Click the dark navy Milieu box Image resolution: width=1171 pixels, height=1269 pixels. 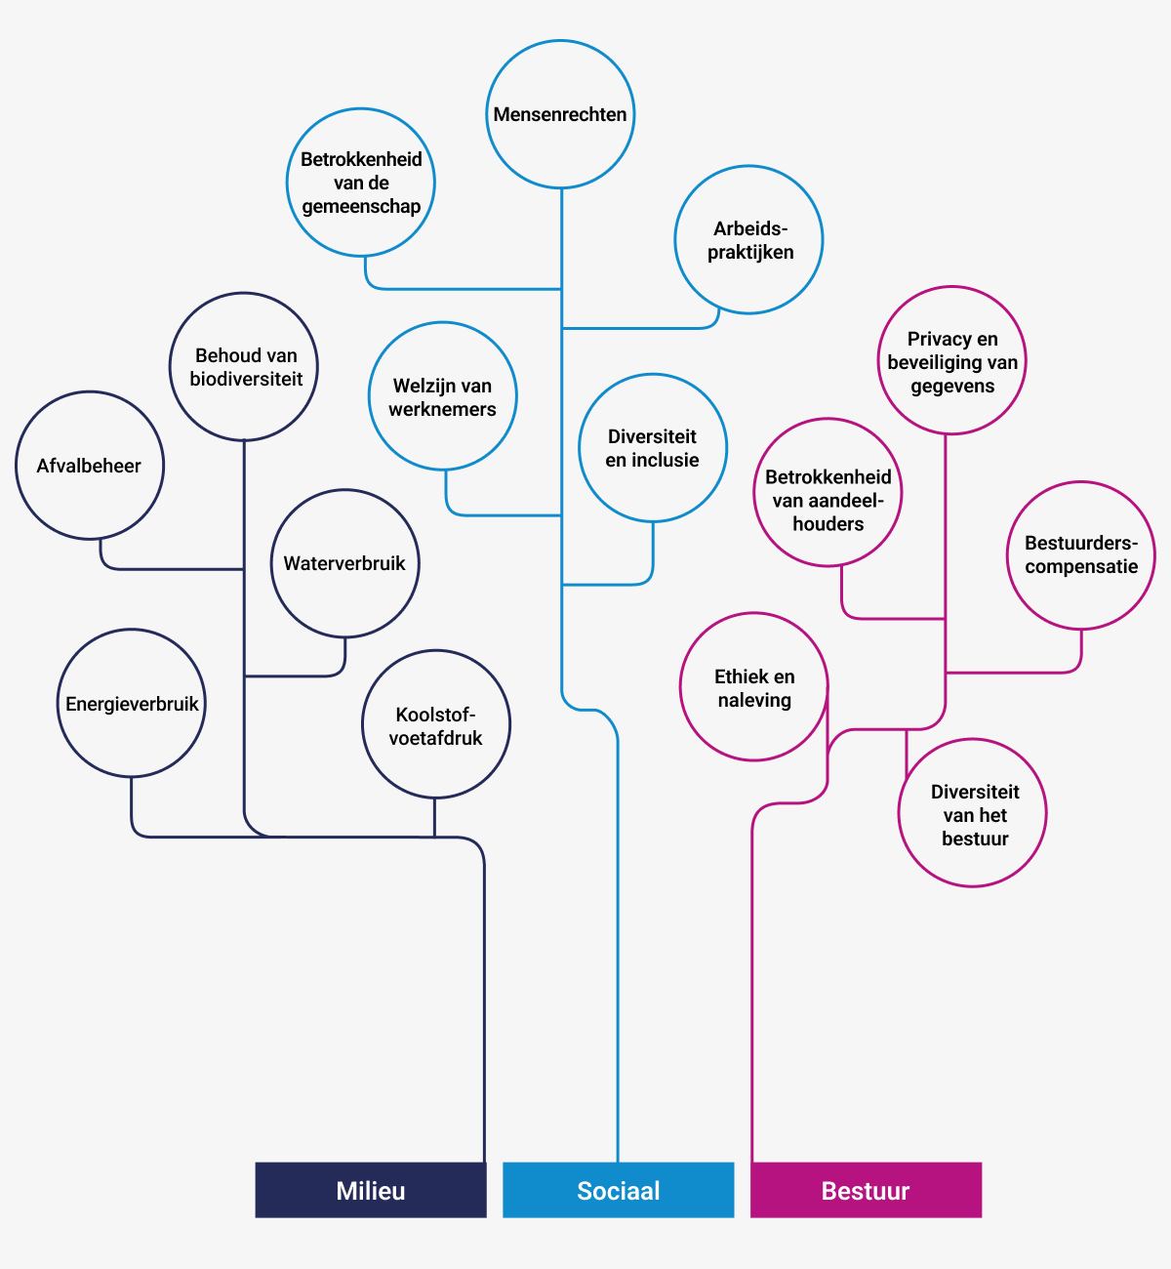coord(371,1190)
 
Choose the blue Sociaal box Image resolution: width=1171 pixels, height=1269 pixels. coord(619,1190)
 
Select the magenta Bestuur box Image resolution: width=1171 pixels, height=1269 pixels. coord(867,1190)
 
